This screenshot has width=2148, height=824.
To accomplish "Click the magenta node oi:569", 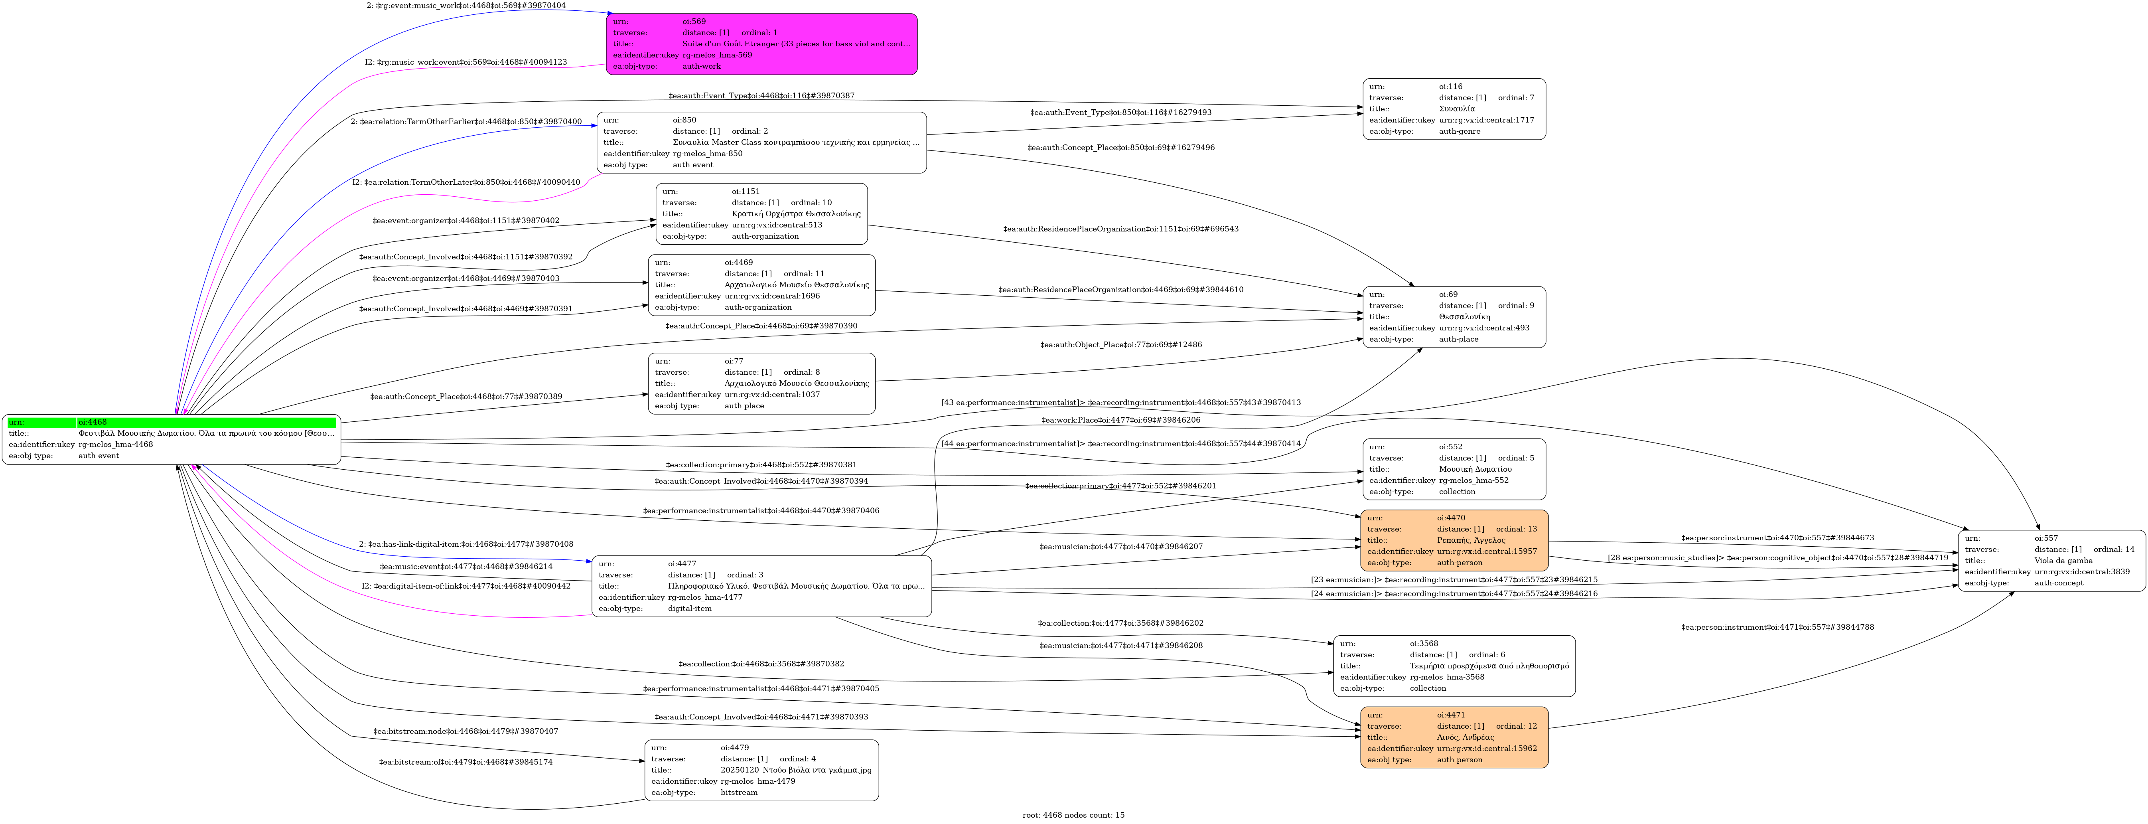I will [x=761, y=44].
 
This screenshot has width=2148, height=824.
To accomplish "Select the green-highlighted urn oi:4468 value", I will [x=206, y=422].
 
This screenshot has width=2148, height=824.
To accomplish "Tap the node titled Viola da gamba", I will [x=2051, y=561].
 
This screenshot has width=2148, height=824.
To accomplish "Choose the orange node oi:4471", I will [x=1454, y=737].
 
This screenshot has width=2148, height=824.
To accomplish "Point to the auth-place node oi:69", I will [x=1454, y=317].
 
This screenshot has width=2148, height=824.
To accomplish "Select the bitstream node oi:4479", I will [x=761, y=770].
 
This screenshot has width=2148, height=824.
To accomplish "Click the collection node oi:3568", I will [x=1454, y=666].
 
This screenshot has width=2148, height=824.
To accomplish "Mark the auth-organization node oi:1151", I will [x=761, y=213].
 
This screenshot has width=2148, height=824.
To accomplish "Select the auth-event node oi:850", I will [x=761, y=142].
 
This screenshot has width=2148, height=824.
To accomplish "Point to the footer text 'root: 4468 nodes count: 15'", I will [x=1073, y=815].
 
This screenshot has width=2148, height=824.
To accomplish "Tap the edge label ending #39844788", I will [x=1777, y=627].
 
